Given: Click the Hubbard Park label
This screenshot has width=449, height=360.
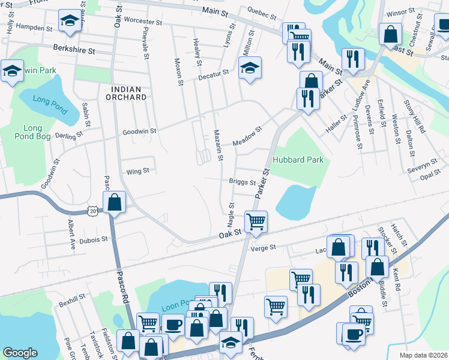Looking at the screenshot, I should (298, 160).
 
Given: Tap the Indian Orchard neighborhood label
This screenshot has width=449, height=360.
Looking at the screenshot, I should (127, 92).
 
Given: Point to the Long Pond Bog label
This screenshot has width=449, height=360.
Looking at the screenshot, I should (32, 133).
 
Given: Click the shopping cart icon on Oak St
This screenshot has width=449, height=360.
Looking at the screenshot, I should (256, 221).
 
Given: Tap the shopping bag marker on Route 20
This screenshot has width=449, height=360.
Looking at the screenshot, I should (114, 202).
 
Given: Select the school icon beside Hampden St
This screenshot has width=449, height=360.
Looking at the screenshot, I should (70, 22).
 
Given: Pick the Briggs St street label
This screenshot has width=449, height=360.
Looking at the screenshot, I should (243, 182).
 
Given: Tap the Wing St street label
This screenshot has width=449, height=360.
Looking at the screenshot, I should (137, 172).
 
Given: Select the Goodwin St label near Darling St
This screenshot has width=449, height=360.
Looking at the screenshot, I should (139, 130).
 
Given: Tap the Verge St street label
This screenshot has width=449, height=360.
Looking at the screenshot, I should (263, 247).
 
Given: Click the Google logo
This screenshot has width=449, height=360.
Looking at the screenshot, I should (20, 353).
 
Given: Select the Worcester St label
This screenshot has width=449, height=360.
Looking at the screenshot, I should (143, 20).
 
